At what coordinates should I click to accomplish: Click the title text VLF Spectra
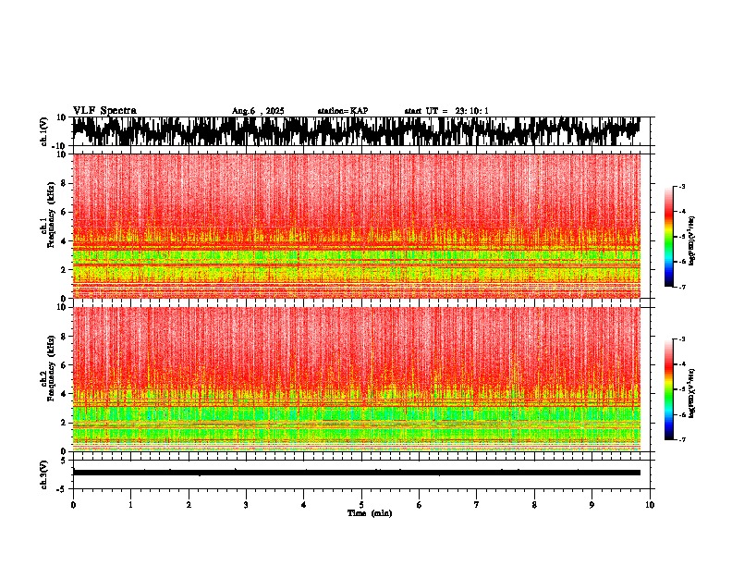[104, 111]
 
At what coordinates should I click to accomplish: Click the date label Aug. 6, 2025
[258, 111]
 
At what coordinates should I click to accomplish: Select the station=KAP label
[343, 111]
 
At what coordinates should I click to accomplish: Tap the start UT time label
[446, 111]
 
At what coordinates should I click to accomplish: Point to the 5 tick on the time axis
[361, 504]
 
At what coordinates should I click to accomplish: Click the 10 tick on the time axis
[650, 504]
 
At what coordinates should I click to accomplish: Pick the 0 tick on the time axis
[73, 504]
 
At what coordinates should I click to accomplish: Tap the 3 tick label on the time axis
[246, 504]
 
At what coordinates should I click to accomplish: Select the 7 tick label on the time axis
[477, 504]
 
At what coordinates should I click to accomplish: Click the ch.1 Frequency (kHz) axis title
[49, 226]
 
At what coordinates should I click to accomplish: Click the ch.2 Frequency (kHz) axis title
[49, 378]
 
